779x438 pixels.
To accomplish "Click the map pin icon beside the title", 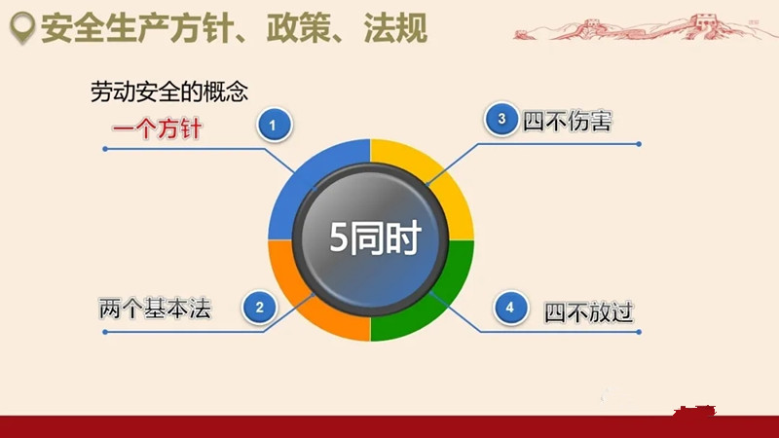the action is [x=22, y=27].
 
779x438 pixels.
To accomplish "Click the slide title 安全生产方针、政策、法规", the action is [x=234, y=28].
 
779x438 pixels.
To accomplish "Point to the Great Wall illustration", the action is [x=641, y=27].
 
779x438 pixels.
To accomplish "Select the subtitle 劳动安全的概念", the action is [x=168, y=91].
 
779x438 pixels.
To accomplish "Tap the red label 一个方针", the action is [x=157, y=128].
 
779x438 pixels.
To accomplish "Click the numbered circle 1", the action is [x=275, y=125].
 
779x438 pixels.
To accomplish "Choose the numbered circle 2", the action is [x=260, y=308].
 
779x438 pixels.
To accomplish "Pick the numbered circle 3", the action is [x=501, y=119].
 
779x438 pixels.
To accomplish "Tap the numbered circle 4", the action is [x=510, y=308].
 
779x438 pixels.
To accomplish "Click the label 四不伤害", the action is [x=567, y=121].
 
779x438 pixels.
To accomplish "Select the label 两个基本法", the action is [x=155, y=309].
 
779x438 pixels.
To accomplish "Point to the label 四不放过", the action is [x=589, y=312].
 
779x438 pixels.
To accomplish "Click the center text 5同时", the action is [x=376, y=237].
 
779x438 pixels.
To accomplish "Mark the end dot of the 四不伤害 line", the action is [x=639, y=144].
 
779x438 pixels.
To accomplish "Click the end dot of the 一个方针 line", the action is [x=105, y=149].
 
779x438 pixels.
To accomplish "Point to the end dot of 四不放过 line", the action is [x=639, y=332].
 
